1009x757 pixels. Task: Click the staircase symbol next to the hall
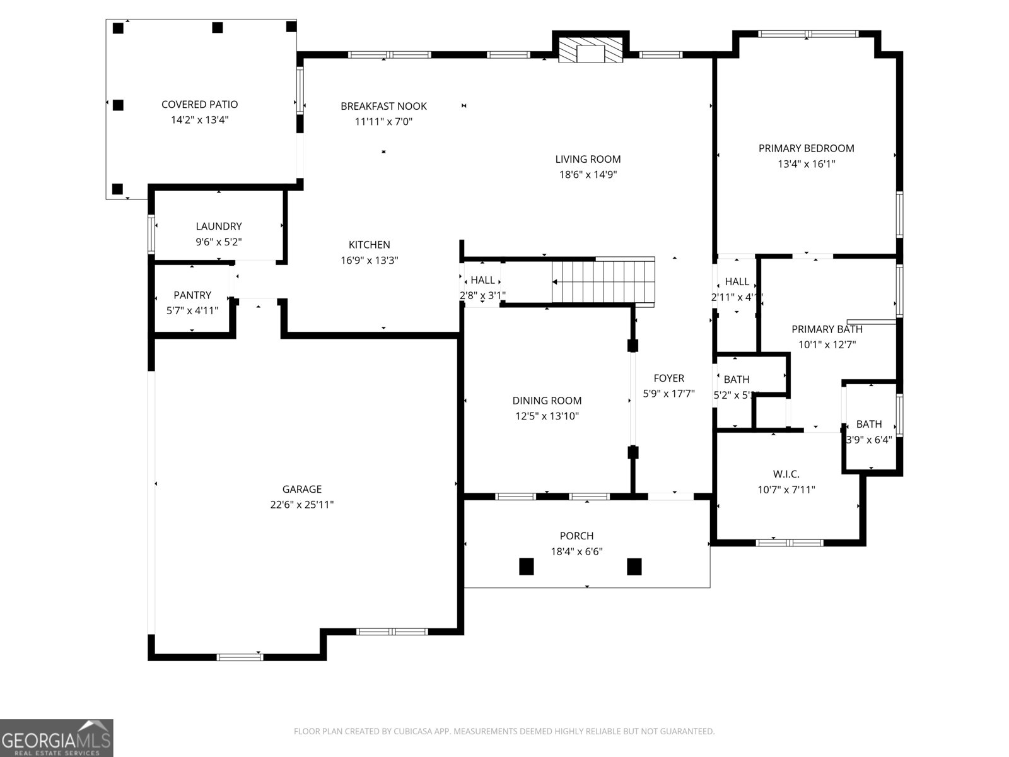coord(604,281)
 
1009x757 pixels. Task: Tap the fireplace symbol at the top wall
coord(591,50)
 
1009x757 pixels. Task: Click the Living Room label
coord(588,160)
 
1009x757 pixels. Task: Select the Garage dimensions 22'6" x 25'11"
coord(302,505)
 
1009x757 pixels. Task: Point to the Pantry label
coord(192,295)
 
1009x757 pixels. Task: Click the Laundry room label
coord(219,226)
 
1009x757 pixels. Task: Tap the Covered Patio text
coord(199,105)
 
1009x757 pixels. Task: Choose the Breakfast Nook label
coord(383,107)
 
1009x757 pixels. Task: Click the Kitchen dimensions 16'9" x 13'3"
coord(370,261)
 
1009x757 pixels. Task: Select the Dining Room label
coord(547,401)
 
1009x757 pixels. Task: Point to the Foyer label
coord(668,378)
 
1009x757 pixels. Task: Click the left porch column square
coord(527,566)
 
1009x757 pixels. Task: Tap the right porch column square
coord(634,566)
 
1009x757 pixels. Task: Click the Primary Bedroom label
coord(806,149)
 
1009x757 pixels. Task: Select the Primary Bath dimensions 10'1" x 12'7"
coord(827,345)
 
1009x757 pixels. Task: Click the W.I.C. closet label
coord(786,474)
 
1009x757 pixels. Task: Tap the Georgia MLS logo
coord(57,738)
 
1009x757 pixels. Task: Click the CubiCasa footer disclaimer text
coord(504,732)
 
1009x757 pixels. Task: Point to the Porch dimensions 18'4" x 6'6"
coord(576,552)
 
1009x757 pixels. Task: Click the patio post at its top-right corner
coord(291,26)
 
